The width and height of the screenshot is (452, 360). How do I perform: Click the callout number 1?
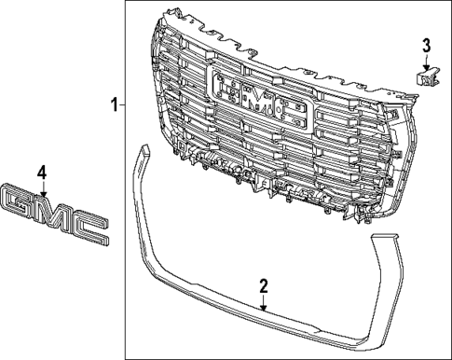(x=114, y=104)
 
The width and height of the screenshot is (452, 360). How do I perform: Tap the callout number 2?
(x=264, y=284)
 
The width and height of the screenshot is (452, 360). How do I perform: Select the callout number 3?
(x=426, y=44)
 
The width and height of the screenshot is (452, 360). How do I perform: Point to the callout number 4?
(x=40, y=172)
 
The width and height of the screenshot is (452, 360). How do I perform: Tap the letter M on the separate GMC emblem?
(x=55, y=211)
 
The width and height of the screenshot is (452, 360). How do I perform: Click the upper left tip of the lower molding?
(x=140, y=148)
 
